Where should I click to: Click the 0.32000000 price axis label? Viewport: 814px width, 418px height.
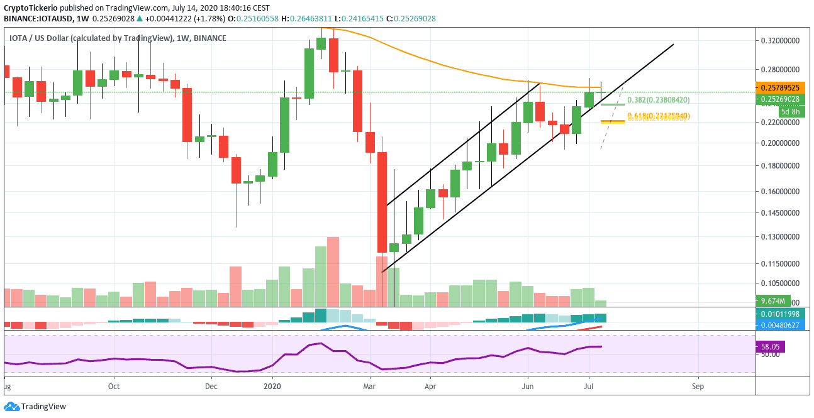[781, 40]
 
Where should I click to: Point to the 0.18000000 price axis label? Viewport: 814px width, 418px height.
[781, 166]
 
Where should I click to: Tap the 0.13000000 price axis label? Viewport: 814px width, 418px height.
[781, 237]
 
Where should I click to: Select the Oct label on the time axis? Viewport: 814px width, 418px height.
[114, 385]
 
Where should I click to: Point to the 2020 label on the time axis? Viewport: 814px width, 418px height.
[272, 385]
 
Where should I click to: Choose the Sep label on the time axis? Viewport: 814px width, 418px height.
[697, 385]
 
